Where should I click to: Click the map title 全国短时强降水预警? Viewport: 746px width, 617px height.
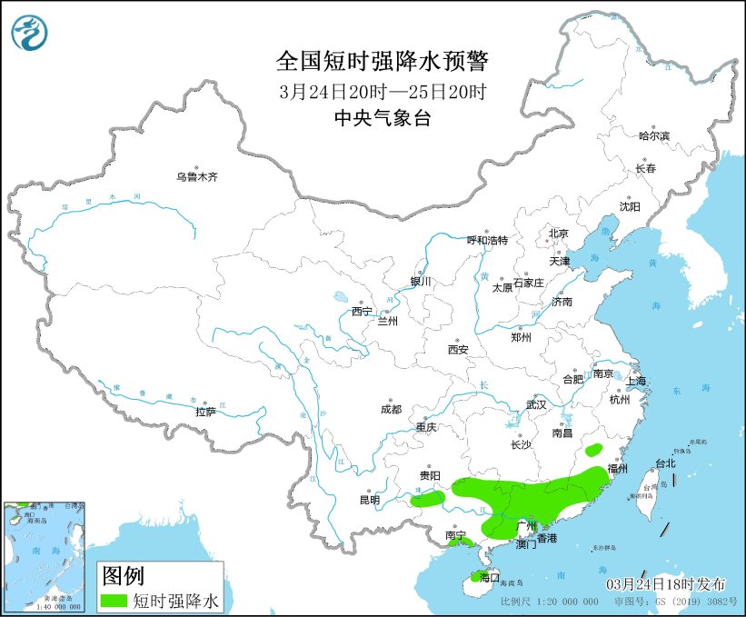382,62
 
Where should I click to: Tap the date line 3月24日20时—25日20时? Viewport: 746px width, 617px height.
383,92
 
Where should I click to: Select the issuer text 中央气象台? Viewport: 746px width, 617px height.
382,118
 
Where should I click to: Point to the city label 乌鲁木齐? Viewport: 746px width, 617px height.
196,177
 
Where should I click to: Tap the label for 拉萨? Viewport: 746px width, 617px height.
205,412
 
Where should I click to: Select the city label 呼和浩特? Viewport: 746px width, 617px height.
487,241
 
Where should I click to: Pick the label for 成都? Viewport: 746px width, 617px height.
392,409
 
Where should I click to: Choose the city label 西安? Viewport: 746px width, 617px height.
457,349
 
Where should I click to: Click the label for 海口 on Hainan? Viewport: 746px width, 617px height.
489,578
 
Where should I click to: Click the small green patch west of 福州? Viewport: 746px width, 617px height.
594,449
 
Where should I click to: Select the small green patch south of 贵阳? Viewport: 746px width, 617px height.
427,498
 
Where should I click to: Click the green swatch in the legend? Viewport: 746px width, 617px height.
114,601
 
